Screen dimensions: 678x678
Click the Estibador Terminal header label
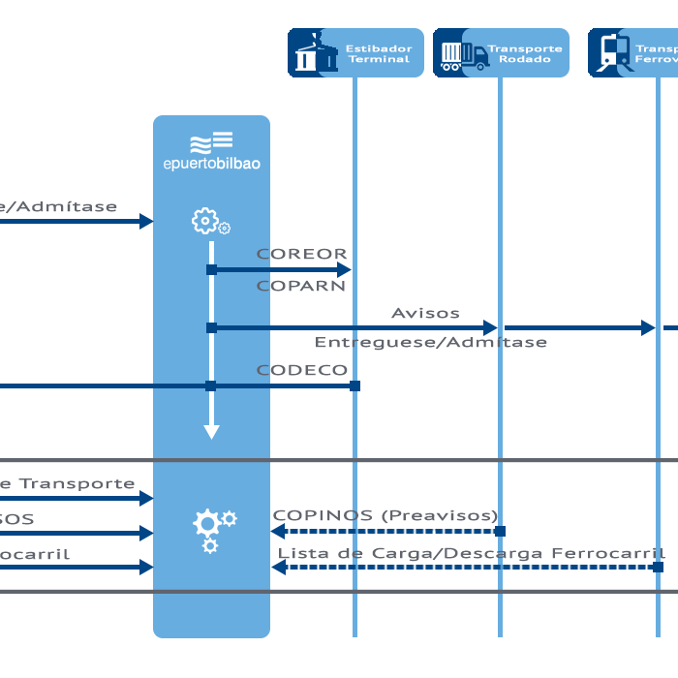(380, 53)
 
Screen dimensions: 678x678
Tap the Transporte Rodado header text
(524, 53)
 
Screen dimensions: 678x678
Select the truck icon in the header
(463, 54)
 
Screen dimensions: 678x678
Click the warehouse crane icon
(312, 53)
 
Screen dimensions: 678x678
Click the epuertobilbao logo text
(211, 164)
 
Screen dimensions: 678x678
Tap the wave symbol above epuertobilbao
(211, 143)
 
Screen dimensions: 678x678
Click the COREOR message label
(301, 254)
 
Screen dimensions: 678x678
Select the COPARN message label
(301, 287)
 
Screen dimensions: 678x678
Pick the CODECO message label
(301, 370)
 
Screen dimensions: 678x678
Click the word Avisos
(425, 313)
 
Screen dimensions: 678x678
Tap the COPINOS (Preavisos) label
(385, 515)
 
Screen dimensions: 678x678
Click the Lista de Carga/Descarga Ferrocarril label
(471, 553)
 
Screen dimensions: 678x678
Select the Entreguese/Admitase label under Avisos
(430, 342)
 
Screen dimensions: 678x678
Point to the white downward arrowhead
(211, 431)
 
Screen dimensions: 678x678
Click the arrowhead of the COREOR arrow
(343, 270)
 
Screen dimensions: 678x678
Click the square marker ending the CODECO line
(355, 385)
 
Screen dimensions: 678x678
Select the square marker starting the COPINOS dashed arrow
(501, 531)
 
